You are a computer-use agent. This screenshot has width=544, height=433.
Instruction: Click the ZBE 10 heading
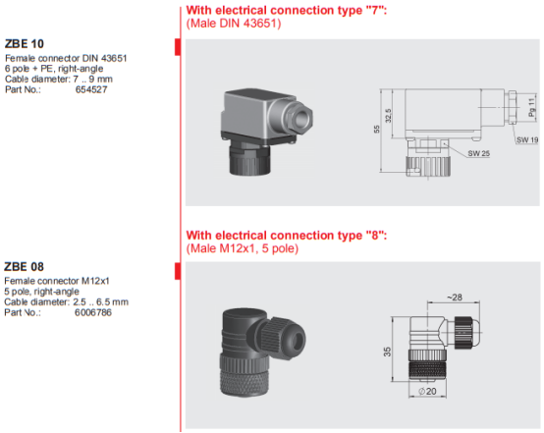tap(25, 44)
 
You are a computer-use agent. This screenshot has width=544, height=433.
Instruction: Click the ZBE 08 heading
tap(24, 267)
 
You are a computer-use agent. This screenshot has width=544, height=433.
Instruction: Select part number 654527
tap(91, 89)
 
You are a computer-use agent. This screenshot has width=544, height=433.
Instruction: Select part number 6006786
tap(93, 312)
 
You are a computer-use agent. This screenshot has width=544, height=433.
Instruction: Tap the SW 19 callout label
tap(527, 139)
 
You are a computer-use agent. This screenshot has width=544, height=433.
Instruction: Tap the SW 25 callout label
tap(479, 153)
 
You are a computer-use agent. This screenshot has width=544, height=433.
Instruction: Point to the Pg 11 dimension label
tap(531, 107)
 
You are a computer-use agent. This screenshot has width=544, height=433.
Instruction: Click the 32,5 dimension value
tap(388, 116)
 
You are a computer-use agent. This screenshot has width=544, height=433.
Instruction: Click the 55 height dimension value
tap(376, 129)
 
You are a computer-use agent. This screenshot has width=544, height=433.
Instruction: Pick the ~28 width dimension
tap(454, 298)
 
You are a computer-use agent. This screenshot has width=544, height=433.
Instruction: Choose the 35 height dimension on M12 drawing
tap(387, 352)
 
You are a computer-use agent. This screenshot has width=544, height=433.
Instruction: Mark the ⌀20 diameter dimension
tap(427, 392)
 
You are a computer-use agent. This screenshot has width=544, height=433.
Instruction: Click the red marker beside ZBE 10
tap(178, 47)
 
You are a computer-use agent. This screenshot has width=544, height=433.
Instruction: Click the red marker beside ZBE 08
tap(178, 271)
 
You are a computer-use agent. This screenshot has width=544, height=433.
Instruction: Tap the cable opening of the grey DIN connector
tap(302, 119)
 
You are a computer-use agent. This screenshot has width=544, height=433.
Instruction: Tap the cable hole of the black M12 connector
tap(298, 340)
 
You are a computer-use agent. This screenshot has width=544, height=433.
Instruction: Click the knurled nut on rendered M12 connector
tap(244, 375)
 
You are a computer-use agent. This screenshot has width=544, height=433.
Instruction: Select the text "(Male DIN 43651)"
tap(234, 24)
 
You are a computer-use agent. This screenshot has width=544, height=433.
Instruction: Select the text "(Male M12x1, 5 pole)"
tap(243, 248)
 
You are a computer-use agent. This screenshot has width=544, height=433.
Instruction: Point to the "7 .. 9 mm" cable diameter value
tap(92, 80)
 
